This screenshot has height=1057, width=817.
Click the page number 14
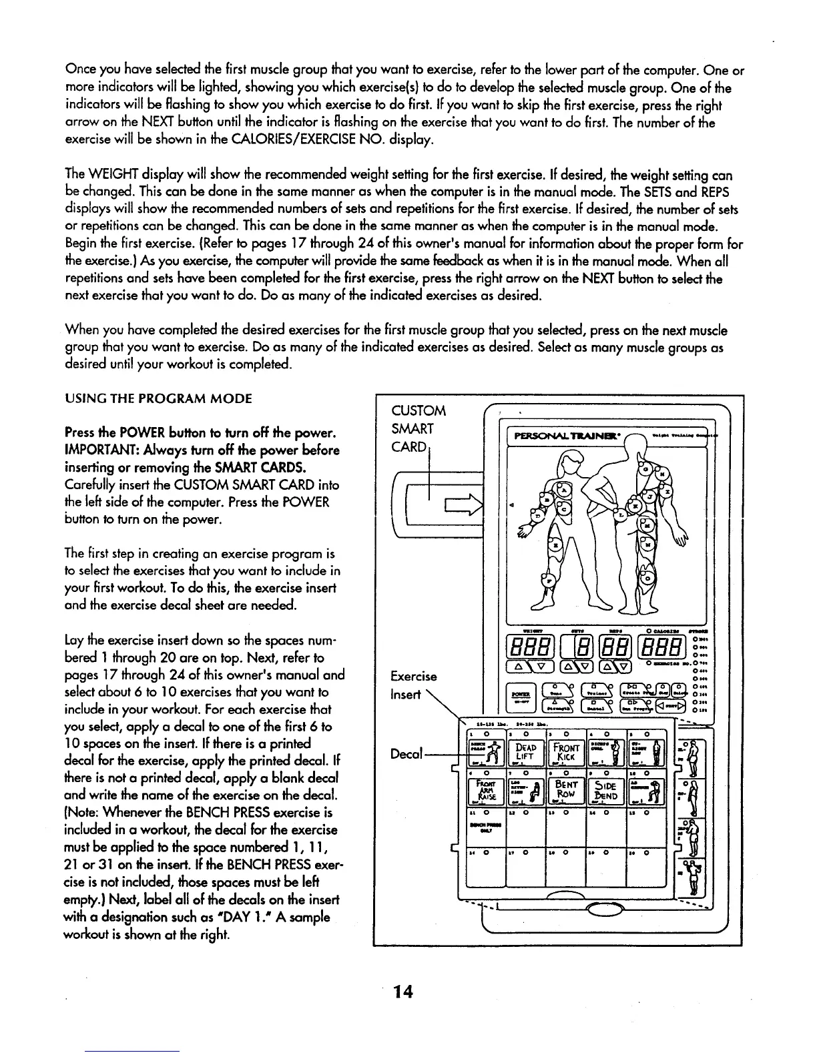(x=403, y=992)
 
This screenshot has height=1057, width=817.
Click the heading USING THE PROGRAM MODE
(x=158, y=399)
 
